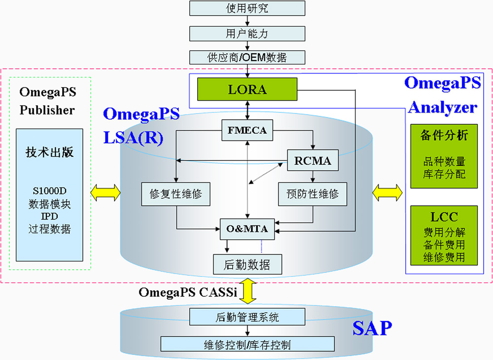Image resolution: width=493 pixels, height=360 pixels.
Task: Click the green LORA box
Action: [247, 89]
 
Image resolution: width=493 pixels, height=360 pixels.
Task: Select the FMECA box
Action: [247, 130]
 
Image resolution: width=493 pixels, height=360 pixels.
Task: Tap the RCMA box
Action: [313, 160]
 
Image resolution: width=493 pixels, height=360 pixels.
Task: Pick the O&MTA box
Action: [247, 229]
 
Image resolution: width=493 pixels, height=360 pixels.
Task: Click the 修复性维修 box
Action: [176, 194]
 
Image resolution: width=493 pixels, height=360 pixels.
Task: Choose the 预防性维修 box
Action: [313, 194]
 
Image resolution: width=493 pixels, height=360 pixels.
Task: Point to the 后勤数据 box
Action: [247, 264]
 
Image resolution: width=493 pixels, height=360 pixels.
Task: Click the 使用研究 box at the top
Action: [247, 8]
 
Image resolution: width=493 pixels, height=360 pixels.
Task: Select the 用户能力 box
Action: [247, 34]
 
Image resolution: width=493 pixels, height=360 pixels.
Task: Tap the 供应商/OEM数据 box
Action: [247, 58]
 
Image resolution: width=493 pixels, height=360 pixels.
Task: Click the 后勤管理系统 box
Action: [247, 317]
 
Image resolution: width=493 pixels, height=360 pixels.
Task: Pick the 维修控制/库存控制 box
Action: [247, 344]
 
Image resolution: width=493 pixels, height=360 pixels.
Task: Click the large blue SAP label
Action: [372, 328]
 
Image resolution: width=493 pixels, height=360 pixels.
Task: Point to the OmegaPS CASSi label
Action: [188, 292]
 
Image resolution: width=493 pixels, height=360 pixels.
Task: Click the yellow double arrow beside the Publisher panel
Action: [106, 193]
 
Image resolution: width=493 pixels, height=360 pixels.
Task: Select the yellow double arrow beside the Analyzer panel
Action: [387, 193]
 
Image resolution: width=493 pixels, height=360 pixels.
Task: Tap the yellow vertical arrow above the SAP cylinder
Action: [248, 291]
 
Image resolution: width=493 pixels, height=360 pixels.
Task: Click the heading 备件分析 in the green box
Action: [444, 136]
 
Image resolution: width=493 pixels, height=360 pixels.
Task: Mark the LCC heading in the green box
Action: [444, 217]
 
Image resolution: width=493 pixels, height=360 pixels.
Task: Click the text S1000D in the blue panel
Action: [49, 191]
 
